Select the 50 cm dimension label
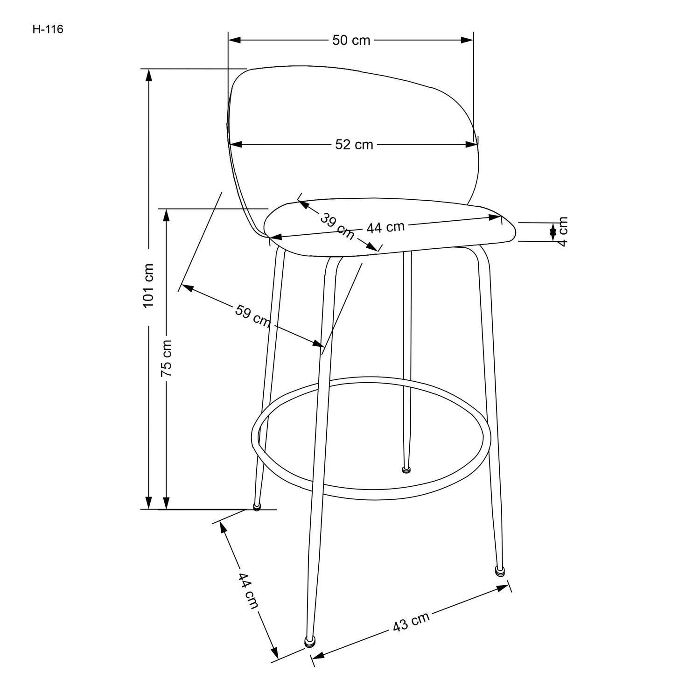point(351,41)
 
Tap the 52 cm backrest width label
point(354,145)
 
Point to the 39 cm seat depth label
point(337,225)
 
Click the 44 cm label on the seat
point(385,227)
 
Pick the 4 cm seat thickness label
point(563,231)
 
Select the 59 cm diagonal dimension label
point(252,316)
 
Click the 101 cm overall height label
point(148,286)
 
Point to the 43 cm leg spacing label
point(411,622)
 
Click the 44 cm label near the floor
point(247,589)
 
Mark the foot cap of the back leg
point(406,469)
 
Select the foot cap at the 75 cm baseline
point(257,507)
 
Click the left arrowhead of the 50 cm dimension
point(234,41)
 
